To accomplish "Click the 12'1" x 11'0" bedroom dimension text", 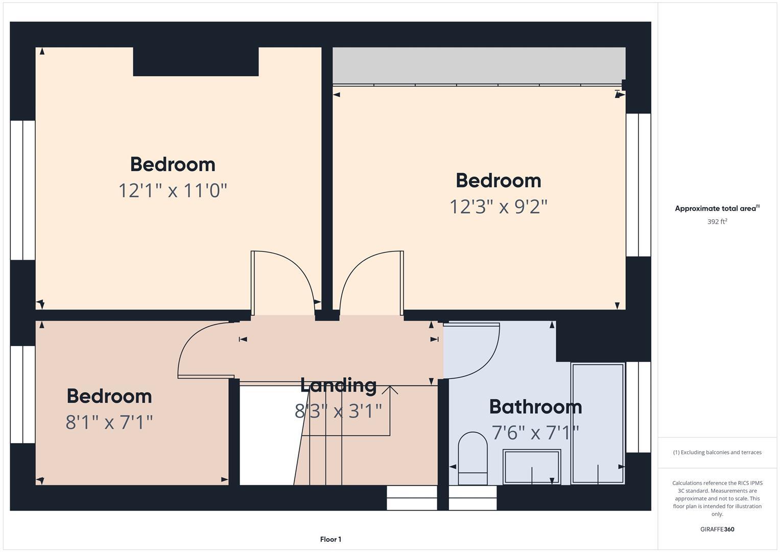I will [x=173, y=191].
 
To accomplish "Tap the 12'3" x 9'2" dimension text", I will [x=498, y=207].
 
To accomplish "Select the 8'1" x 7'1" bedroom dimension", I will [x=109, y=423].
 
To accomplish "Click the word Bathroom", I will [x=535, y=407].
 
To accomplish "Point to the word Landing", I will [x=338, y=385].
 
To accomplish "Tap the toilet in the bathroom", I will [x=472, y=457].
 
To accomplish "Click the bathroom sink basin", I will [x=532, y=466].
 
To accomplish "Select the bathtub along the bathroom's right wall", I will [x=598, y=423].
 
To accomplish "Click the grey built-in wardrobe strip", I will [x=479, y=65].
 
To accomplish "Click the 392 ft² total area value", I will [x=717, y=222].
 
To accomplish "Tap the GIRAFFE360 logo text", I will [x=717, y=529].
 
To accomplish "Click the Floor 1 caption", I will [x=330, y=539].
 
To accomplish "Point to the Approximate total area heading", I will [x=717, y=209].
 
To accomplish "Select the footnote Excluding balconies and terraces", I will [x=717, y=452].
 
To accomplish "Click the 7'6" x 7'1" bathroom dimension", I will [x=535, y=433].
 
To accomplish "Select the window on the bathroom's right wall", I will [x=639, y=407].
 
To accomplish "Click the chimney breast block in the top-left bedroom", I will [x=196, y=61].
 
